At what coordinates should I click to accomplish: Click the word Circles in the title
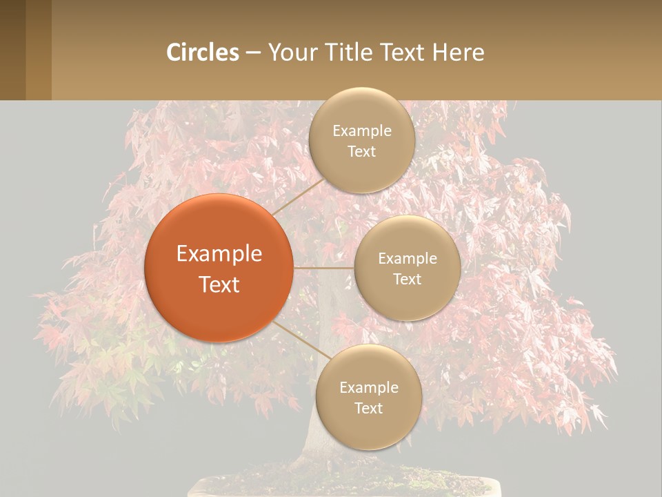(203, 52)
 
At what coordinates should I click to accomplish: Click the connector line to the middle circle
(323, 268)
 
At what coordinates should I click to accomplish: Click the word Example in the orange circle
(219, 254)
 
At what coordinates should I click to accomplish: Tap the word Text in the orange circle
(219, 284)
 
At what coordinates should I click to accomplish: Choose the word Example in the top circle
(361, 131)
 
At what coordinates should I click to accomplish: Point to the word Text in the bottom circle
(368, 408)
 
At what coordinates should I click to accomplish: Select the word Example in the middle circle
(407, 259)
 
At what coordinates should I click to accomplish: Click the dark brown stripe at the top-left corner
(12, 50)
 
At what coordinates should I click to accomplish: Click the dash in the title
(253, 53)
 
